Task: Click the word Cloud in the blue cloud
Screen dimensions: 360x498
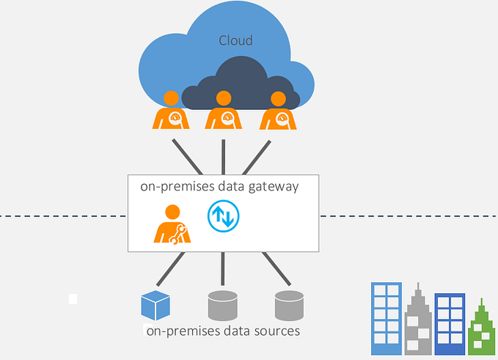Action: (235, 40)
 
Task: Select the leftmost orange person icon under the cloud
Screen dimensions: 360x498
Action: (171, 111)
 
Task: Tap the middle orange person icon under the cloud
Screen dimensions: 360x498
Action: (224, 111)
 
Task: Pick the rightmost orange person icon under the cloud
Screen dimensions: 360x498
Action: (277, 111)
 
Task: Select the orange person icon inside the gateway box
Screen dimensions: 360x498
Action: (172, 224)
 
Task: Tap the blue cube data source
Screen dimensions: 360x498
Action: (155, 306)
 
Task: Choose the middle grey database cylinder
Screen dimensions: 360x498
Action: (223, 306)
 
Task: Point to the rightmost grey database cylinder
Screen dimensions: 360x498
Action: (289, 306)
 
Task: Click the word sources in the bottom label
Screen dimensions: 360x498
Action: (277, 331)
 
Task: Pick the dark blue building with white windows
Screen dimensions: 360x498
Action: (450, 323)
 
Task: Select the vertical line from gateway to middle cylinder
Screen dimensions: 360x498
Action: (223, 269)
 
